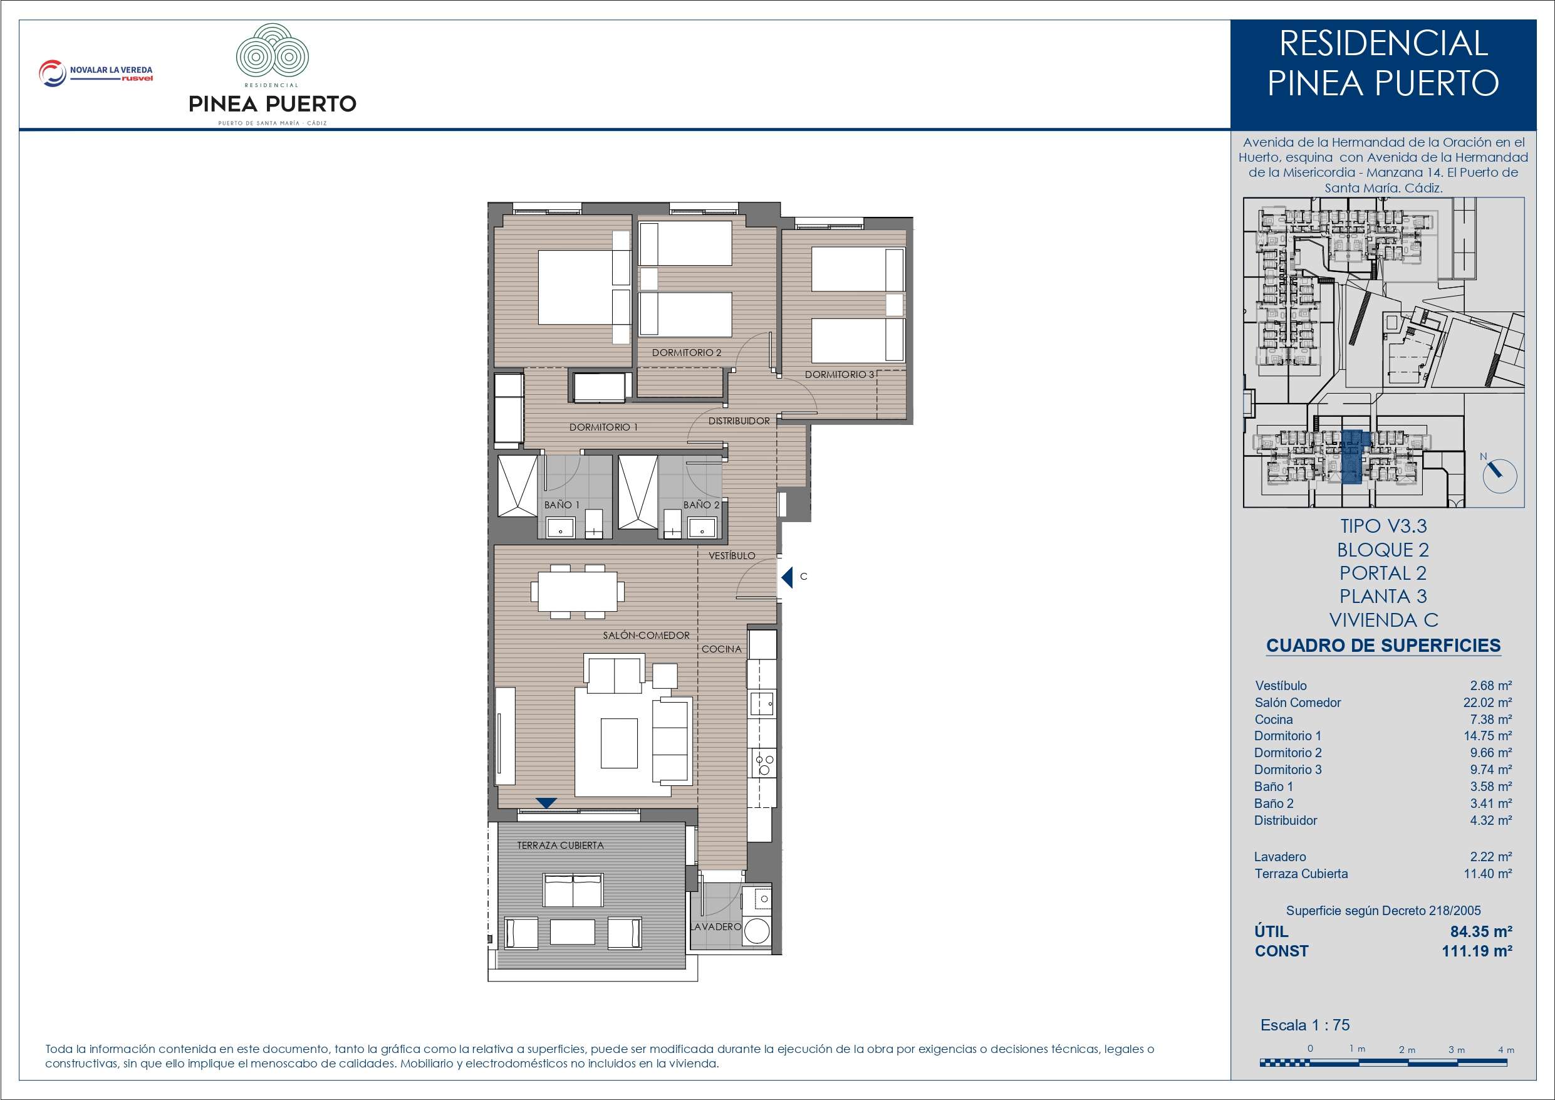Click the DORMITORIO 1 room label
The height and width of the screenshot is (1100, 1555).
pyautogui.click(x=603, y=427)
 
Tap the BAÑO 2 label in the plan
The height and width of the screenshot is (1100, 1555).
pyautogui.click(x=701, y=505)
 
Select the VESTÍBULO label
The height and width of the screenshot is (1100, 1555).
pyautogui.click(x=731, y=556)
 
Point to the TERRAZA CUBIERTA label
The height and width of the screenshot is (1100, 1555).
pyautogui.click(x=560, y=845)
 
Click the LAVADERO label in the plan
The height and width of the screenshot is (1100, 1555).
pyautogui.click(x=716, y=926)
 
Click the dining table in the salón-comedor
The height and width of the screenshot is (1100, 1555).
pyautogui.click(x=578, y=591)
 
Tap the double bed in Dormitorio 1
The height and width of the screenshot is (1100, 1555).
pyautogui.click(x=575, y=288)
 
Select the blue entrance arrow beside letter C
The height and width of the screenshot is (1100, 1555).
pyautogui.click(x=786, y=577)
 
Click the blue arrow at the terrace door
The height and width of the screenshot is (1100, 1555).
pyautogui.click(x=546, y=803)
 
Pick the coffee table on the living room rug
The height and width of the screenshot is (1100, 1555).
pyautogui.click(x=619, y=743)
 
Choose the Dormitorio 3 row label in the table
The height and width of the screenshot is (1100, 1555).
pyautogui.click(x=1287, y=769)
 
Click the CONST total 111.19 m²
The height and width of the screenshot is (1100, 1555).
pyautogui.click(x=1477, y=951)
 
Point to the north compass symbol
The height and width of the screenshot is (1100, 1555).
pyautogui.click(x=1499, y=475)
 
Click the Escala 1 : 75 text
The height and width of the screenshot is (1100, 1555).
pyautogui.click(x=1305, y=1025)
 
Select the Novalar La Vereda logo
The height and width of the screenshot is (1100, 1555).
pyautogui.click(x=95, y=73)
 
